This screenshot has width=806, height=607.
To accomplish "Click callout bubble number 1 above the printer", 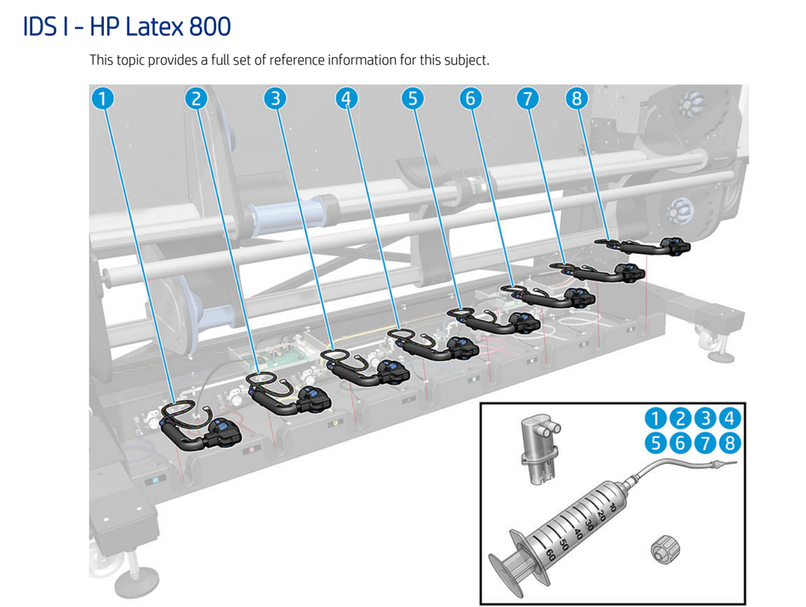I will click(x=102, y=99).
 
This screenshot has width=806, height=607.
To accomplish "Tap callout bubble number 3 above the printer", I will click(x=274, y=99).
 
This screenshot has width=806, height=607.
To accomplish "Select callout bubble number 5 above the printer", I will click(x=412, y=99).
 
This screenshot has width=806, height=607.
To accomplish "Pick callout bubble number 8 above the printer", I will click(x=577, y=99).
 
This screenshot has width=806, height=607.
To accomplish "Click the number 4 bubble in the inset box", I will click(x=729, y=418).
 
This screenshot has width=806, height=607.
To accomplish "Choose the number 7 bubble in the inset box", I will click(x=705, y=443).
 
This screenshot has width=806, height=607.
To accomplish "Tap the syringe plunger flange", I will click(x=501, y=566).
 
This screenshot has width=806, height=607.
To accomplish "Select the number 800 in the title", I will click(x=209, y=26).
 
